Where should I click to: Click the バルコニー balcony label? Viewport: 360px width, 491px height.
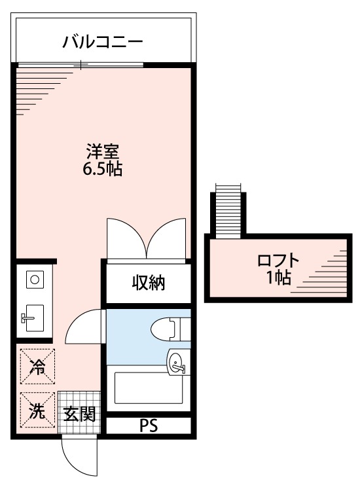coord(103,43)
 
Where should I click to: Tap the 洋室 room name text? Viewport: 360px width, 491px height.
coord(103,152)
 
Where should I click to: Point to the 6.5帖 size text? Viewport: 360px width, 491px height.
coord(103,169)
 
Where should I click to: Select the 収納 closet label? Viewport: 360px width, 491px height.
coord(149,283)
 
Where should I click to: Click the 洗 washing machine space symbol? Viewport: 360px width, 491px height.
coord(37,411)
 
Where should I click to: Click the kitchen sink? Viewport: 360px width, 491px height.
coord(33,318)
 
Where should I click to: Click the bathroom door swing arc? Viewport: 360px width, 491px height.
coord(84,325)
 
